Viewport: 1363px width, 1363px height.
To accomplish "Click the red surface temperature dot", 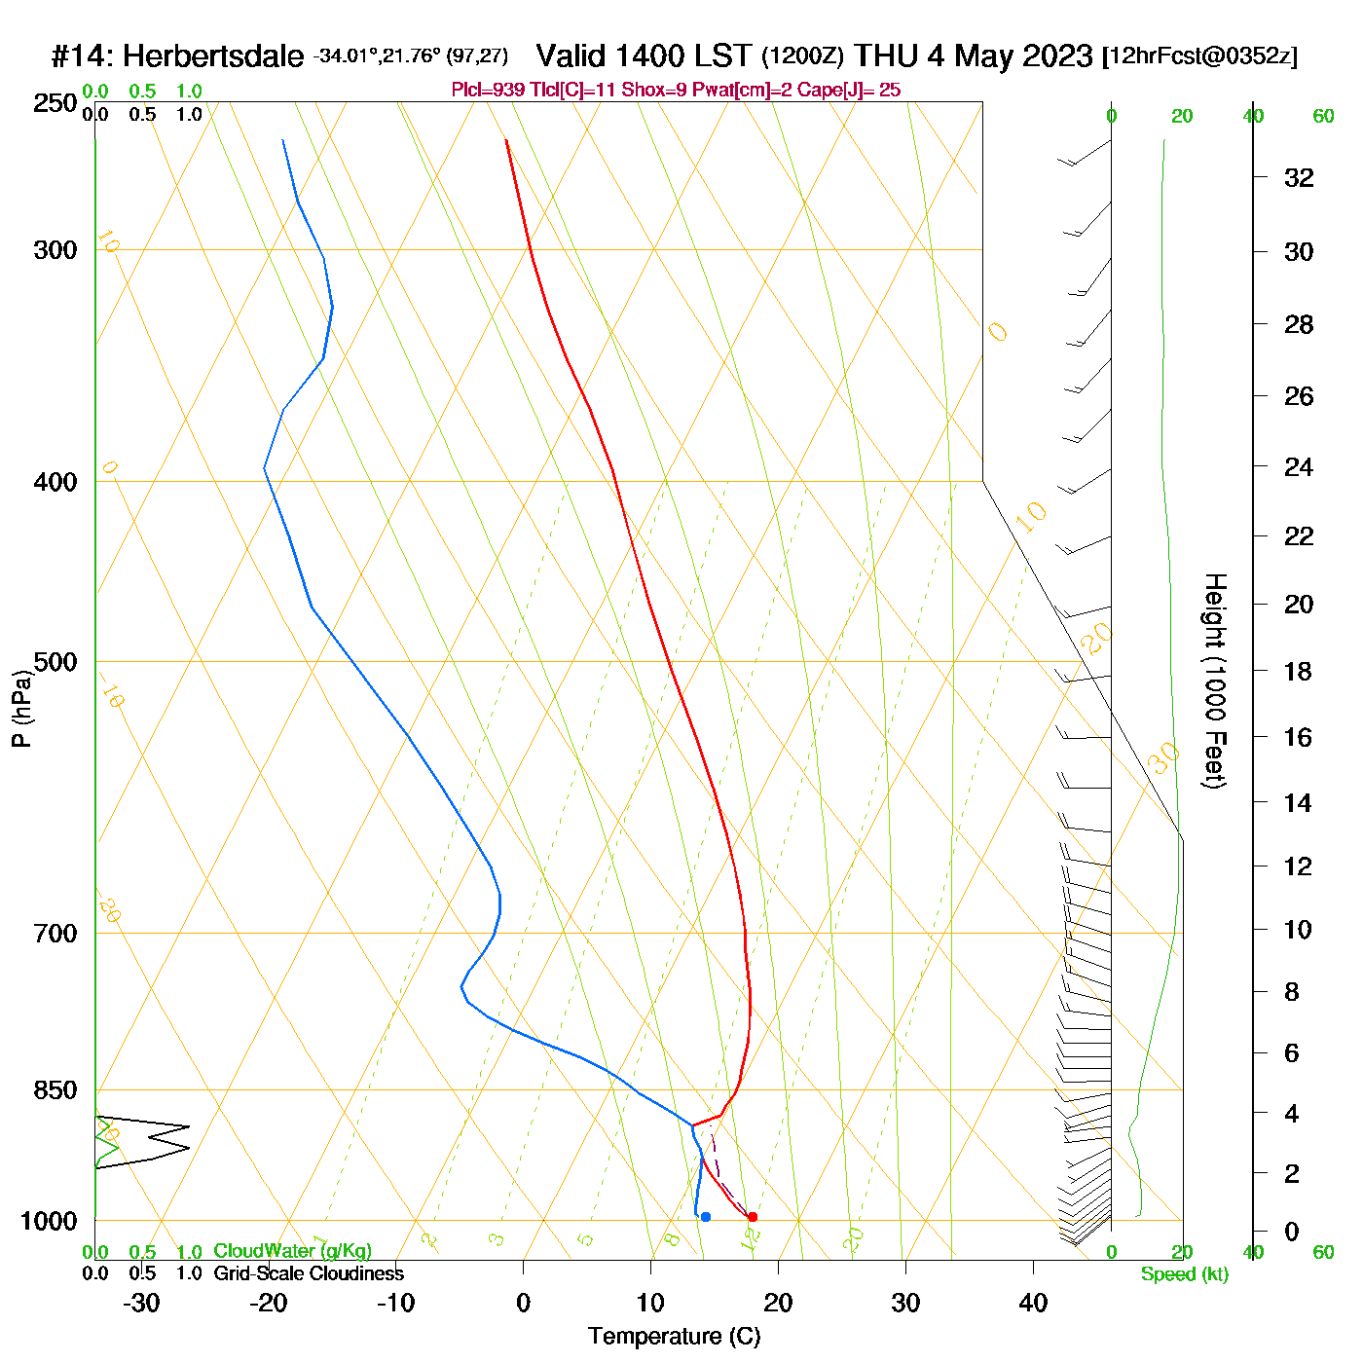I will [x=752, y=1217].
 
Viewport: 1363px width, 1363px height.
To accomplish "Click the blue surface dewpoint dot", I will [x=706, y=1217].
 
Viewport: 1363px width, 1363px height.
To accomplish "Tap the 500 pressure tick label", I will [x=55, y=662].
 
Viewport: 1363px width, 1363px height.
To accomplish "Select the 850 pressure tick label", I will [x=55, y=1090].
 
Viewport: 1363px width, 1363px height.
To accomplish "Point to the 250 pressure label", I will [x=55, y=103].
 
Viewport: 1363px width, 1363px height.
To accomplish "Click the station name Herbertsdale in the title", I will [x=213, y=56].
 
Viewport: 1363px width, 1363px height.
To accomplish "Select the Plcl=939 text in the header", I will [x=488, y=91].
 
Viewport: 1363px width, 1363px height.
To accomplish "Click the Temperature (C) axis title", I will [x=674, y=1337].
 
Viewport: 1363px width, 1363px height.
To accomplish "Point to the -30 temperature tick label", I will [x=141, y=1303].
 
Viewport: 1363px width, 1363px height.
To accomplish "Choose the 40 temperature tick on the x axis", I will [x=1033, y=1303].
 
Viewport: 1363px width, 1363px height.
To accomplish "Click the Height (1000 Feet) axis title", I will [x=1215, y=681].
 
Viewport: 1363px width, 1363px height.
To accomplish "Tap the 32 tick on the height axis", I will [x=1299, y=177].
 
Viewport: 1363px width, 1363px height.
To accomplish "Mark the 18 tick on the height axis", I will [x=1298, y=671].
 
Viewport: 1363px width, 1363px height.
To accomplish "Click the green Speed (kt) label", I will [x=1184, y=1274].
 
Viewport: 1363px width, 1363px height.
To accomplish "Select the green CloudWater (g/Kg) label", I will [x=292, y=1251].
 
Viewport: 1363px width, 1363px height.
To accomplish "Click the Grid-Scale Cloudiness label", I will [x=309, y=1273].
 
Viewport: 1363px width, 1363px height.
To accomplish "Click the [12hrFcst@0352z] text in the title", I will [x=1198, y=56].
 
